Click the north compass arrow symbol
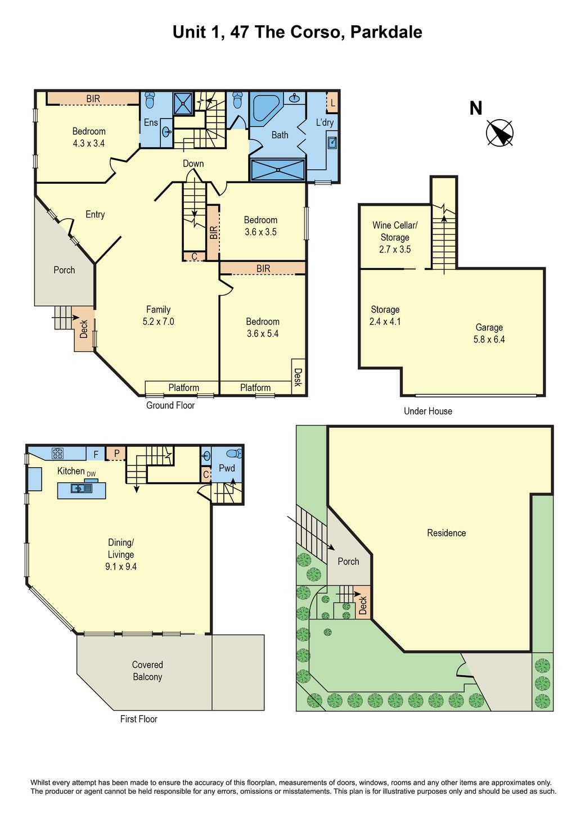coord(499,132)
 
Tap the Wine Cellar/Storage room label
coord(395,237)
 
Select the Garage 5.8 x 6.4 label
coord(489,333)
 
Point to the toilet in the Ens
coord(150,100)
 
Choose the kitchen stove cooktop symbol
coord(57,454)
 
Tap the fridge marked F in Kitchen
coord(96,454)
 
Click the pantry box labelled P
coord(117,454)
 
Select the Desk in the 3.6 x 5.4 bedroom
coord(298,377)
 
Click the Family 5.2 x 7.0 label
coord(158,315)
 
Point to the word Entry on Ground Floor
coord(95,214)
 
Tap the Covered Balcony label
coord(147,671)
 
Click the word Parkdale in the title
coord(386,32)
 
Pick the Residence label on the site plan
coord(446,533)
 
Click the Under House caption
coord(428,411)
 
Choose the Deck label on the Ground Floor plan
coord(84,329)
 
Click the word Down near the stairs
coord(193,164)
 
